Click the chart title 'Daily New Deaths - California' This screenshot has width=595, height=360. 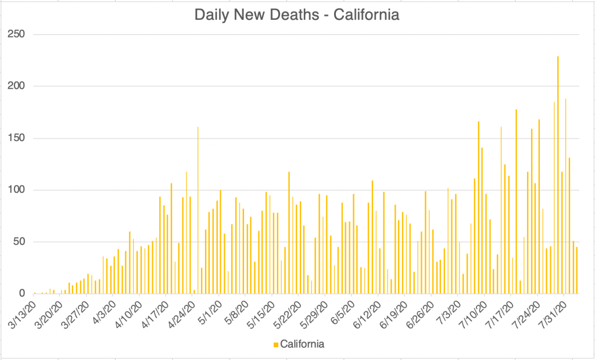(297, 15)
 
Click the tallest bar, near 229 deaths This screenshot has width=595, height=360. (558, 174)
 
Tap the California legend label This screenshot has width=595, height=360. (302, 344)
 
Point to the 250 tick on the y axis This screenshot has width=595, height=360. (16, 34)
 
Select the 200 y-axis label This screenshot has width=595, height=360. (16, 86)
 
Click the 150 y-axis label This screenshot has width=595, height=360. (16, 138)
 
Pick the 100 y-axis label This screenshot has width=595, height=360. (16, 190)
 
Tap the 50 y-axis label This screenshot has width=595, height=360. (19, 242)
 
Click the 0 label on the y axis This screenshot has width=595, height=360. (21, 293)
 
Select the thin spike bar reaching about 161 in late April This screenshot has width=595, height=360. (198, 209)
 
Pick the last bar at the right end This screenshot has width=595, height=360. (576, 270)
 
